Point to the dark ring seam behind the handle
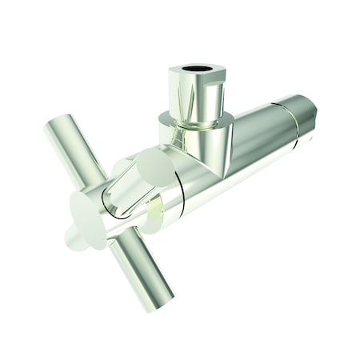tap(182, 196)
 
